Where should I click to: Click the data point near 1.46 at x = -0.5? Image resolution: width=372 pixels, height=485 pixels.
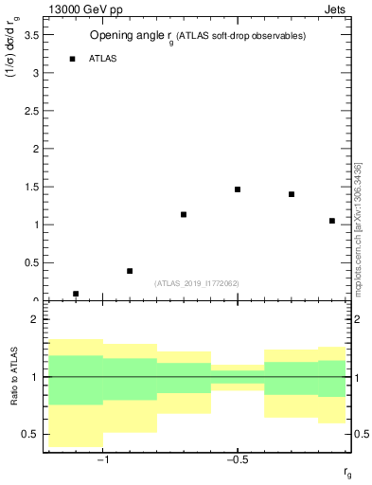238,189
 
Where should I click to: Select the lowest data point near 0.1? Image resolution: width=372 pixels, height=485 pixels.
76,294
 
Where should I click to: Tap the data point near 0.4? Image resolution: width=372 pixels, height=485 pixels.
130,271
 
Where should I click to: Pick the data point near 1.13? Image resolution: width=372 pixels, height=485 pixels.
184,215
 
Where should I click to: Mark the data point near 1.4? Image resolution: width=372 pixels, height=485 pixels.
292,194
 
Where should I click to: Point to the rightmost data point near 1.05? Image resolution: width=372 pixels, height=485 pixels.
332,221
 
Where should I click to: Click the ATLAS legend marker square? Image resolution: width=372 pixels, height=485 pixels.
73,59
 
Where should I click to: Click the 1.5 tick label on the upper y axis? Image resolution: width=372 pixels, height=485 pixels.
30,187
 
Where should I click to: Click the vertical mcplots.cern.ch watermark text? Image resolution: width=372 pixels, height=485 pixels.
358,227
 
